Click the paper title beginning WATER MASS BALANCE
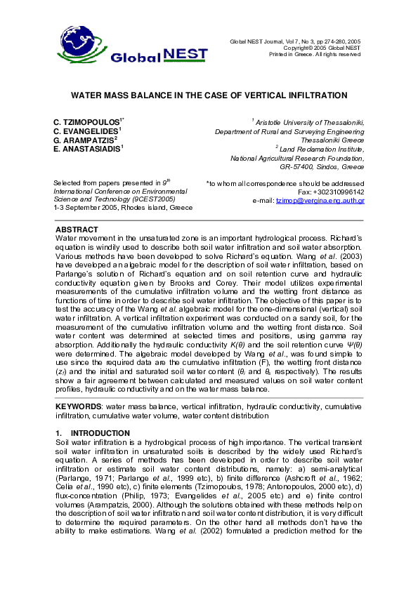click(x=209, y=95)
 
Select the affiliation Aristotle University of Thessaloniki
click(x=309, y=122)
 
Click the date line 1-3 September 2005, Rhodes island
click(x=123, y=208)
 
